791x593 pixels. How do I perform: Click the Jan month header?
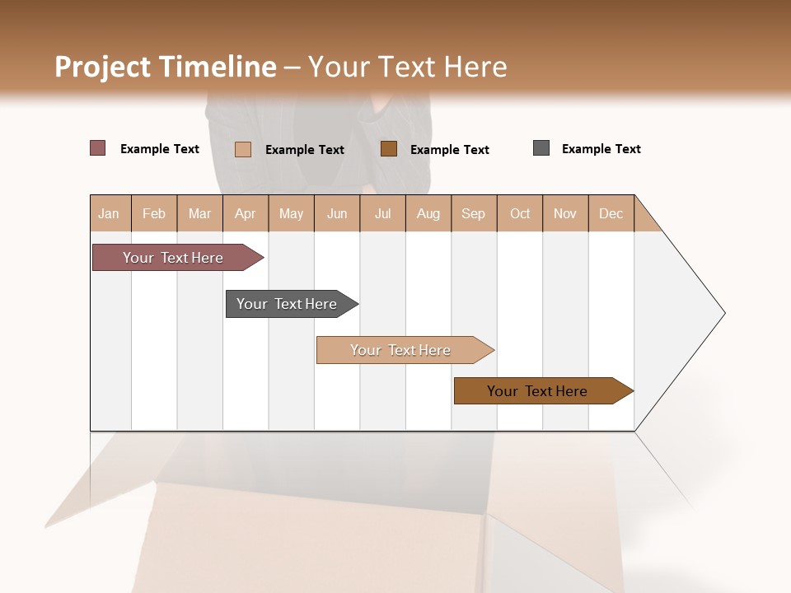click(110, 213)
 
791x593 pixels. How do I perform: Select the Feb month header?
click(154, 213)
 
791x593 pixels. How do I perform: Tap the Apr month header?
click(245, 213)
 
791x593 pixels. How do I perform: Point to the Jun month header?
click(337, 213)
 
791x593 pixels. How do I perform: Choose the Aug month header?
click(428, 213)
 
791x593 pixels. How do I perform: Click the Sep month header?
click(473, 213)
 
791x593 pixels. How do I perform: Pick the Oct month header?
click(520, 213)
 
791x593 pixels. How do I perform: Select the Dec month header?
click(611, 213)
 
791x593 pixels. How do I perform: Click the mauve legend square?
click(98, 148)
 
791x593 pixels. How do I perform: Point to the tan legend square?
click(243, 149)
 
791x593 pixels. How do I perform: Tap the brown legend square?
click(389, 149)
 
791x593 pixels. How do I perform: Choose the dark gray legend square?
click(541, 148)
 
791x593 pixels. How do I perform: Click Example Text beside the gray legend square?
click(601, 149)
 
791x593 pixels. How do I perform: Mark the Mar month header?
click(199, 213)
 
